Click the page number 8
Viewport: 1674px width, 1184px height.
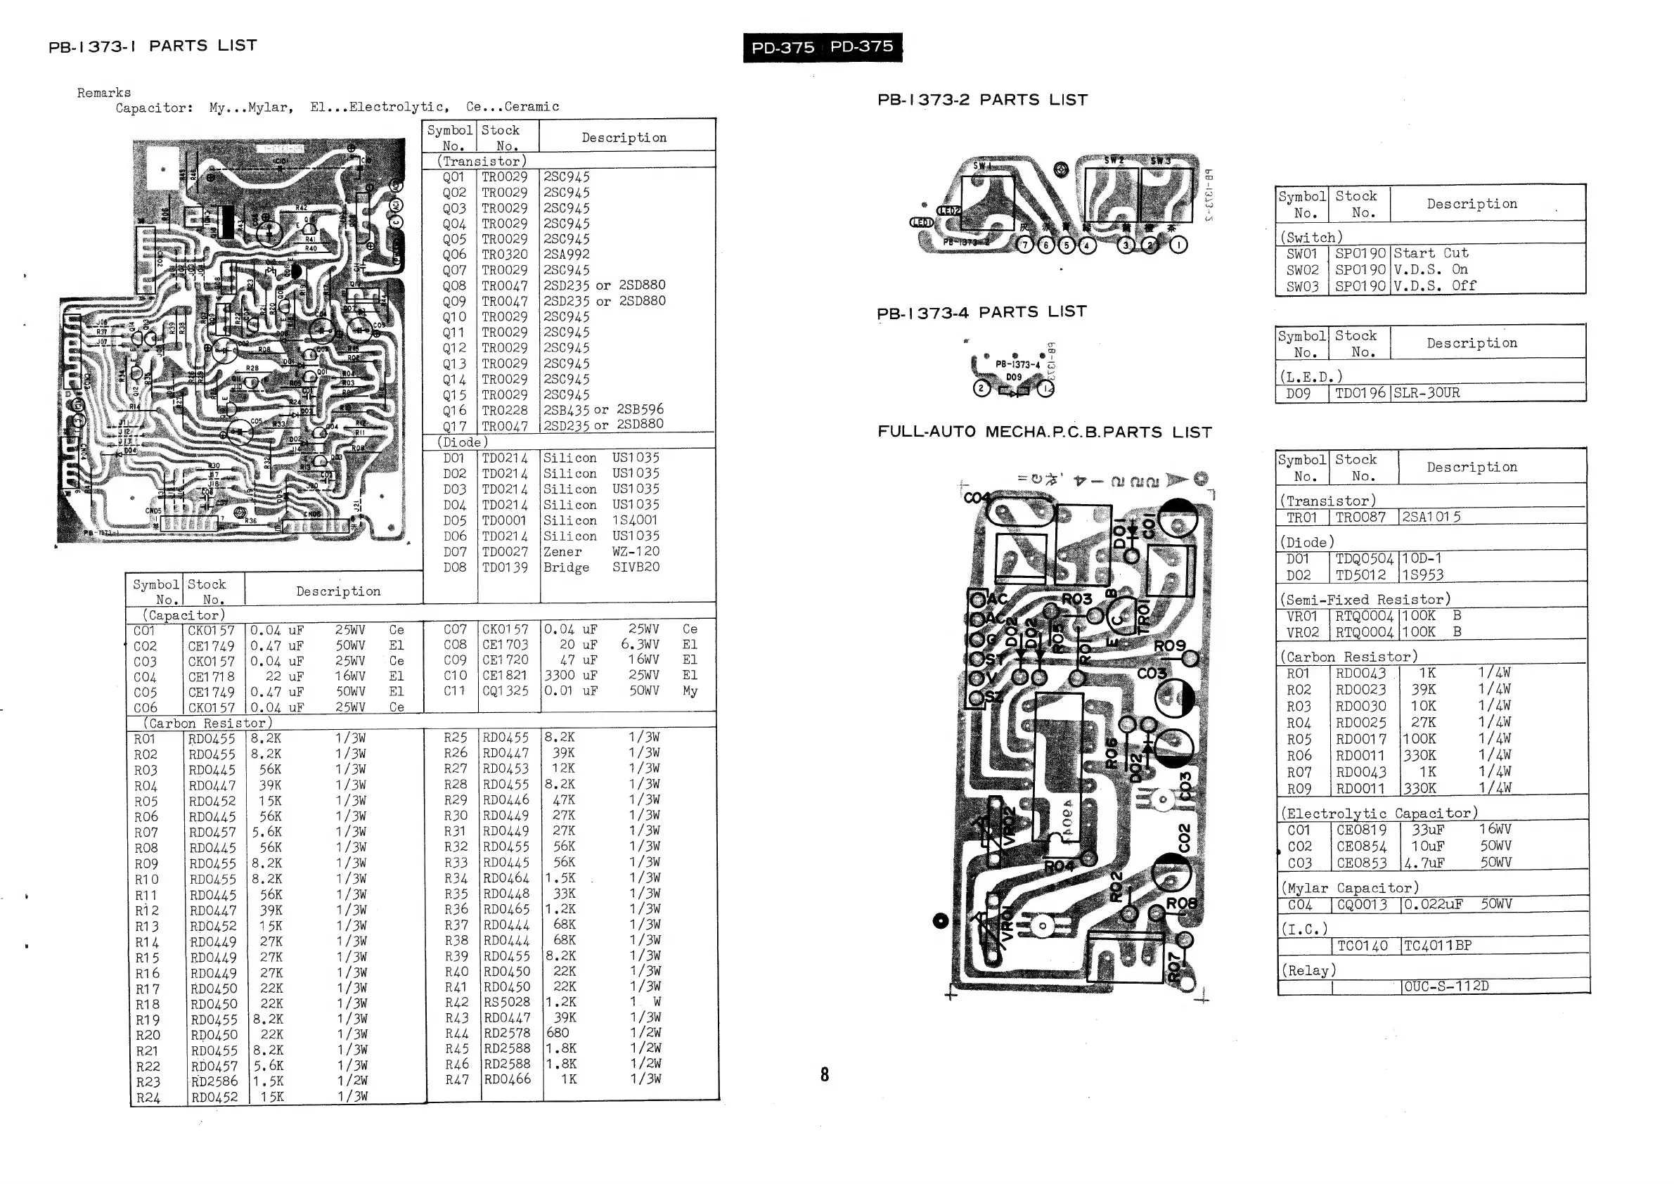point(825,1074)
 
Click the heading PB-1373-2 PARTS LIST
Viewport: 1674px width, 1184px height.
point(982,100)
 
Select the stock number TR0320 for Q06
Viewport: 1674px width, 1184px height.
point(504,255)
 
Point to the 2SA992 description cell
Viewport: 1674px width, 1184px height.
point(567,255)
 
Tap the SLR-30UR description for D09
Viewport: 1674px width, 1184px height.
point(1427,393)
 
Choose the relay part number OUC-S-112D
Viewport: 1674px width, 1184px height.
point(1446,986)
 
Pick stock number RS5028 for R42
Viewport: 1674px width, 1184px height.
point(506,1002)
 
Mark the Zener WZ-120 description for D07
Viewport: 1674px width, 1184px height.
point(601,552)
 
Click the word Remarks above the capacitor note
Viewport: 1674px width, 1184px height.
point(104,93)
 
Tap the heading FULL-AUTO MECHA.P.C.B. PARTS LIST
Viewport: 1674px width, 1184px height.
point(1045,432)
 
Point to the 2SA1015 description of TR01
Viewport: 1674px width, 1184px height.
point(1431,517)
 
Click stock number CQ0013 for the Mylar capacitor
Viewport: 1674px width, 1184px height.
point(1363,905)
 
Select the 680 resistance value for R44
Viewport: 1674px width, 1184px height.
point(558,1033)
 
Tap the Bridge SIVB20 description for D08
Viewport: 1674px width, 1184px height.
point(601,567)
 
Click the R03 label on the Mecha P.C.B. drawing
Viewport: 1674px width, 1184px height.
point(1076,599)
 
